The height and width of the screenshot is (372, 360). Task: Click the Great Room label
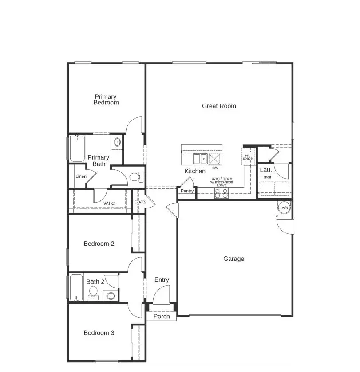pyautogui.click(x=219, y=106)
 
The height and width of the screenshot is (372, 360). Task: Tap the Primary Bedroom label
pyautogui.click(x=106, y=100)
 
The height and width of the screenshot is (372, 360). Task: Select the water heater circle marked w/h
pyautogui.click(x=285, y=208)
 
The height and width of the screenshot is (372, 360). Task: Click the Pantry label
pyautogui.click(x=187, y=191)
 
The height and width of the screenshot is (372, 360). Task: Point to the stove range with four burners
pyautogui.click(x=221, y=193)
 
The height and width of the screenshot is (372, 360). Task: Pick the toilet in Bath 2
pyautogui.click(x=93, y=292)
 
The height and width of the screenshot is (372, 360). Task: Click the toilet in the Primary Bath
pyautogui.click(x=136, y=177)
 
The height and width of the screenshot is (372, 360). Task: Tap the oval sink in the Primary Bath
pyautogui.click(x=117, y=142)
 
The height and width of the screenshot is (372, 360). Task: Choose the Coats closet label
pyautogui.click(x=140, y=202)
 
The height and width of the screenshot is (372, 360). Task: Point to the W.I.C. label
pyautogui.click(x=110, y=204)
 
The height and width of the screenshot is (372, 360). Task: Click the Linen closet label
pyautogui.click(x=81, y=176)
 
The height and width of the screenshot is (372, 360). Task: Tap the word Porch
pyautogui.click(x=162, y=316)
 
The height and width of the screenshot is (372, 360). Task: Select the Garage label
pyautogui.click(x=233, y=259)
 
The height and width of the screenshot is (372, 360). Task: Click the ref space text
pyautogui.click(x=248, y=157)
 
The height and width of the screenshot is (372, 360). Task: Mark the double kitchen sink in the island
pyautogui.click(x=200, y=159)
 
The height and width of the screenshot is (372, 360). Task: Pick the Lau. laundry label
pyautogui.click(x=265, y=170)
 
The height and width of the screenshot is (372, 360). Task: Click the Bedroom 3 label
pyautogui.click(x=99, y=332)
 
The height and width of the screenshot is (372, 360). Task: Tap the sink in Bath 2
pyautogui.click(x=110, y=295)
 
